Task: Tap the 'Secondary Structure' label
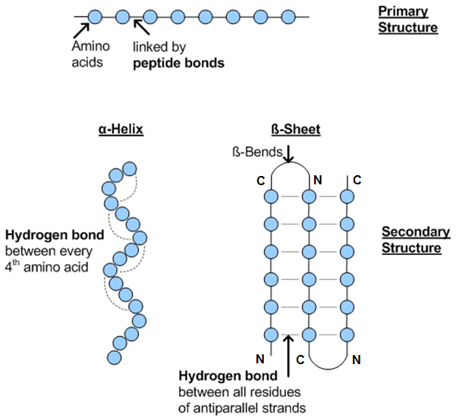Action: point(410,240)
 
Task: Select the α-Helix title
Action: point(121,130)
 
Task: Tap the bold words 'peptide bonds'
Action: point(178,64)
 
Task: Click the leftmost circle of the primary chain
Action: point(95,15)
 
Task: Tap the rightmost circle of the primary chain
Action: point(288,15)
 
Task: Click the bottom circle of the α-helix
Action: point(115,357)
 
